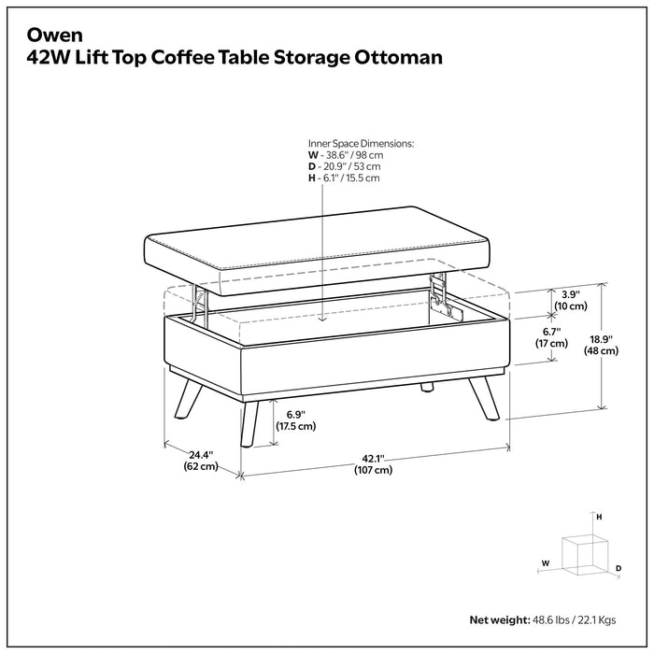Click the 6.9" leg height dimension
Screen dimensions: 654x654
tap(292, 419)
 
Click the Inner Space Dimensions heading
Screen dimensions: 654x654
tap(361, 144)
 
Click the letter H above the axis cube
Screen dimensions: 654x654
tap(599, 517)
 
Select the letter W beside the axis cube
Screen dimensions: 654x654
tap(545, 563)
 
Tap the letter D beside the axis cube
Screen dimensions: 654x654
tap(618, 568)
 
